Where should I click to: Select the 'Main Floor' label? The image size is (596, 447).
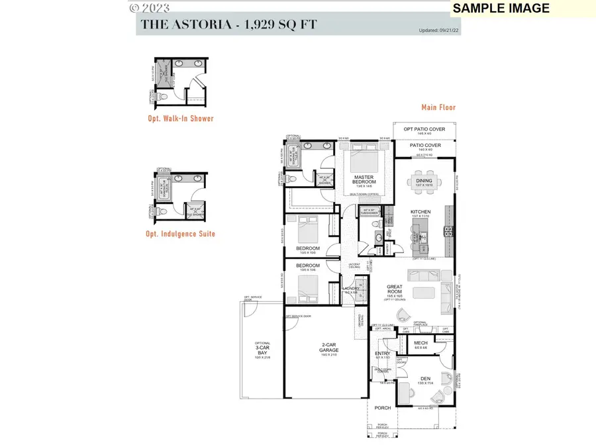(438, 107)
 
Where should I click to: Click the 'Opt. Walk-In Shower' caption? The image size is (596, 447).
(181, 119)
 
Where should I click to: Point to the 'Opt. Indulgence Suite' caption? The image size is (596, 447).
(181, 234)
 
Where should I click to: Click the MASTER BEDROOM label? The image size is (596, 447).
(364, 179)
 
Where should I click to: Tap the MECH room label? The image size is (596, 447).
(421, 344)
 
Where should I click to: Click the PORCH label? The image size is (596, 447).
(383, 408)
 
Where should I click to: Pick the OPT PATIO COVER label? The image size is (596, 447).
(424, 130)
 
